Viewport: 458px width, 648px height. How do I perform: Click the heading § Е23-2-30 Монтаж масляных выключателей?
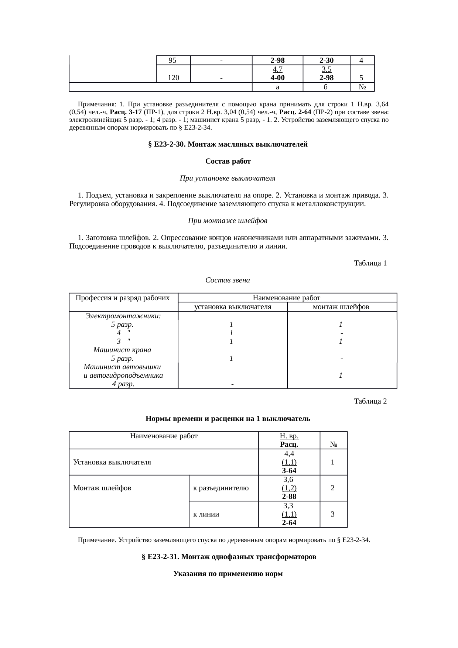coord(228,144)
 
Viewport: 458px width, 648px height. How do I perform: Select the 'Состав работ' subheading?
coord(228,161)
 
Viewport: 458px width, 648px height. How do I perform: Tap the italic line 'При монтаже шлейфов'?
coord(228,221)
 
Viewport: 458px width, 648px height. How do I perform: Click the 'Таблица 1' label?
coord(370,263)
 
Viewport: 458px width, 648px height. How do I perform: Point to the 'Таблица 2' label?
coord(370,401)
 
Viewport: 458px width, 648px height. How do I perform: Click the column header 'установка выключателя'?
coord(233,307)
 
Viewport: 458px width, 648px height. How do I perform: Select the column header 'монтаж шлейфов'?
coord(341,307)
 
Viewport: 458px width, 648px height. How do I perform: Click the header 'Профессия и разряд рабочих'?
coord(123,298)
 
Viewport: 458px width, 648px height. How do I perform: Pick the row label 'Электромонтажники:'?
coord(123,316)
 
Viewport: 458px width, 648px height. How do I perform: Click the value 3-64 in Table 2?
coord(289,470)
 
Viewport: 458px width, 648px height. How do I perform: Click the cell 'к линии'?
coord(206,514)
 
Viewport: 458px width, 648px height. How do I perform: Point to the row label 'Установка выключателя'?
coord(112,462)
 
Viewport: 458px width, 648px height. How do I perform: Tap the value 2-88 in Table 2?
coord(289,497)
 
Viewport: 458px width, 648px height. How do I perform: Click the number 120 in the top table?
coord(174,78)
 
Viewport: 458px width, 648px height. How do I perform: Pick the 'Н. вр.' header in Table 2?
coord(289,436)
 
